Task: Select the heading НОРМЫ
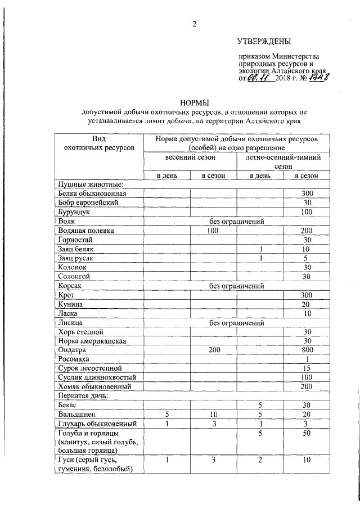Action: click(x=194, y=102)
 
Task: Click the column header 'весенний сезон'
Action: click(x=190, y=158)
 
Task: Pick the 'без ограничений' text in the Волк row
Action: click(x=237, y=222)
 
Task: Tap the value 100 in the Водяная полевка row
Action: click(x=213, y=231)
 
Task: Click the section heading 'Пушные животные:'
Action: click(x=91, y=184)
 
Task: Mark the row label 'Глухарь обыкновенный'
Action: click(x=96, y=423)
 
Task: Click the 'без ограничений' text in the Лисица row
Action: click(x=237, y=323)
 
